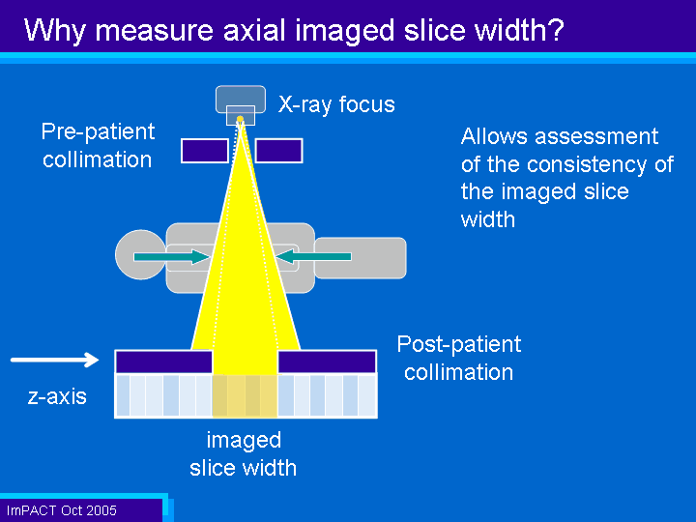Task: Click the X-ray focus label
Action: point(336,105)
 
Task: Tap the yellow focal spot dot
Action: point(240,119)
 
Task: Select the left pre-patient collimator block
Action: point(205,151)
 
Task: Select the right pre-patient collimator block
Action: point(278,151)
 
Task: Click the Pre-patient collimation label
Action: point(98,146)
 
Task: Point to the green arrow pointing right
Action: point(172,256)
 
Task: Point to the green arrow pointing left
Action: point(313,256)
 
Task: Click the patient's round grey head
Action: point(141,255)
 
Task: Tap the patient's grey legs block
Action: point(360,258)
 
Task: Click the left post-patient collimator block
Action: point(163,362)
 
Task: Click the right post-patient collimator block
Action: point(327,362)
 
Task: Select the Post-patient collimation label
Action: point(459,358)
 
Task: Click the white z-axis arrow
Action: point(54,360)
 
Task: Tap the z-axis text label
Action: point(57,396)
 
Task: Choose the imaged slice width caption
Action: point(244,454)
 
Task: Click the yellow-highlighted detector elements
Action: point(245,396)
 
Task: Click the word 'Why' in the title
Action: point(54,31)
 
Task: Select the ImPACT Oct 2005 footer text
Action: point(61,510)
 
